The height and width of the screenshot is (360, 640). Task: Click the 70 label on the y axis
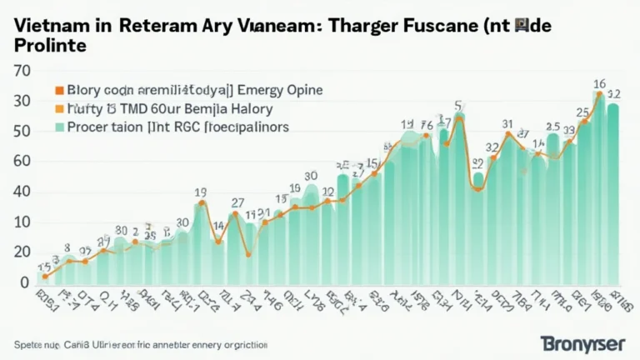pyautogui.click(x=22, y=71)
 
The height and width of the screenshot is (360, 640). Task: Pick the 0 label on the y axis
pyautogui.click(x=25, y=282)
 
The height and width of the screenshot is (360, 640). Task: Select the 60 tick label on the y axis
pyautogui.click(x=22, y=162)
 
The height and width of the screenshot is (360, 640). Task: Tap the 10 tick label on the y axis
pyautogui.click(x=22, y=222)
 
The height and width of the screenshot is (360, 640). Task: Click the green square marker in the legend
pyautogui.click(x=58, y=127)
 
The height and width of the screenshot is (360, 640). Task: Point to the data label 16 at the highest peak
pyautogui.click(x=598, y=83)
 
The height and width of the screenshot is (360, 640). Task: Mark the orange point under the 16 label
pyautogui.click(x=598, y=94)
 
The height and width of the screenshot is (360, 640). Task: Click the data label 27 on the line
pyautogui.click(x=237, y=202)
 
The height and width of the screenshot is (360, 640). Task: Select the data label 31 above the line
pyautogui.click(x=507, y=124)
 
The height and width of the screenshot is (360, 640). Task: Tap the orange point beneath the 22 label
pyautogui.click(x=477, y=188)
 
